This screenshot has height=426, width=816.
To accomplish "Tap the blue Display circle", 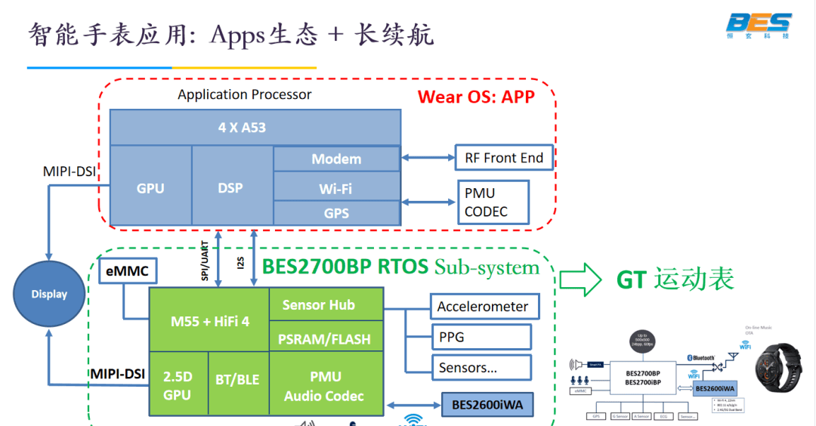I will pyautogui.click(x=49, y=294).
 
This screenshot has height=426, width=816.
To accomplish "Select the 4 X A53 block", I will pyautogui.click(x=255, y=128).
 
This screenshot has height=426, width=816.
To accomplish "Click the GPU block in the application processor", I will pyautogui.click(x=150, y=187).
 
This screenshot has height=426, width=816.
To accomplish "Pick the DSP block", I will pyautogui.click(x=231, y=187).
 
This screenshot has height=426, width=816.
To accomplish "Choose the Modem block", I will pyautogui.click(x=336, y=159).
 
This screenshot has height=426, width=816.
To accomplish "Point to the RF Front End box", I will pyautogui.click(x=504, y=158).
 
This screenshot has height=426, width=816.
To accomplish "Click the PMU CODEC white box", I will pyautogui.click(x=493, y=202).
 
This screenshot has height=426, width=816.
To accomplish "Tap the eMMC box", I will pyautogui.click(x=128, y=270).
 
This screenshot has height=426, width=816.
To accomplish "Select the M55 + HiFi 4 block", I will pyautogui.click(x=209, y=321).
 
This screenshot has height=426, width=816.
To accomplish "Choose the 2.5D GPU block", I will pyautogui.click(x=178, y=384).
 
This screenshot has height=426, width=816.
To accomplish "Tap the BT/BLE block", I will pyautogui.click(x=238, y=380).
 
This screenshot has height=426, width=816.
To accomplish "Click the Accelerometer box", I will pyautogui.click(x=484, y=307).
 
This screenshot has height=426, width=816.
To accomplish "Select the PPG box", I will pyautogui.click(x=481, y=337).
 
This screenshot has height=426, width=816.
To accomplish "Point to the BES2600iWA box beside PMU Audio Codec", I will pyautogui.click(x=487, y=405).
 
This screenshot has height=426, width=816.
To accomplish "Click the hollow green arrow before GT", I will pyautogui.click(x=580, y=280).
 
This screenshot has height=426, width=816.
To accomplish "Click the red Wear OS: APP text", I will pyautogui.click(x=476, y=97).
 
